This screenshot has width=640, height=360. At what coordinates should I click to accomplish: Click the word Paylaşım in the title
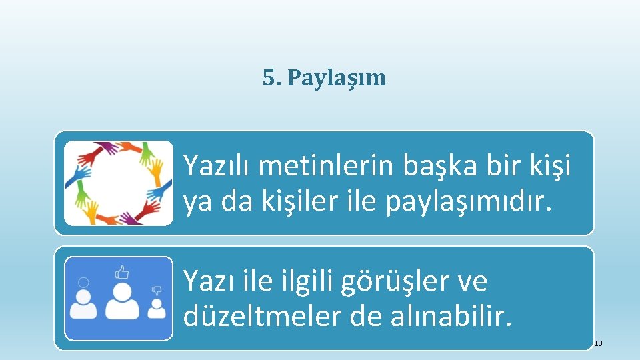[336, 79]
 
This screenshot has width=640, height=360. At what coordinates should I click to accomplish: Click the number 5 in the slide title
[268, 78]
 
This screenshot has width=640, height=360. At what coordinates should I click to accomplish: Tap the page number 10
[598, 343]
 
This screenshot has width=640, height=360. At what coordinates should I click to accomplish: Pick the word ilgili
[301, 282]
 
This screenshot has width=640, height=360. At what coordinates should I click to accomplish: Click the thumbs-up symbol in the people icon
[121, 272]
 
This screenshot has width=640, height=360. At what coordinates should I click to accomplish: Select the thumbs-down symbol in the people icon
[157, 291]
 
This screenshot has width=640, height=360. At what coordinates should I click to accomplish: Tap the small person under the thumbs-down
[157, 309]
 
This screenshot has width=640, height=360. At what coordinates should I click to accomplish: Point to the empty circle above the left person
[83, 282]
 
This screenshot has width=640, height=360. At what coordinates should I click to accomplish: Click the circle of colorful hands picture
[119, 183]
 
